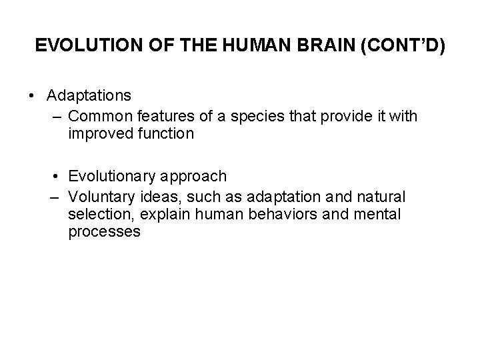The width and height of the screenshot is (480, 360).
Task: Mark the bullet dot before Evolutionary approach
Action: (59, 177)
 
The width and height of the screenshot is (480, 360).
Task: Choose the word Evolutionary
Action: (113, 177)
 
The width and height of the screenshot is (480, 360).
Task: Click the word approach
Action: (195, 177)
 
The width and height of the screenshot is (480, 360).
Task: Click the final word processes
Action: (104, 232)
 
